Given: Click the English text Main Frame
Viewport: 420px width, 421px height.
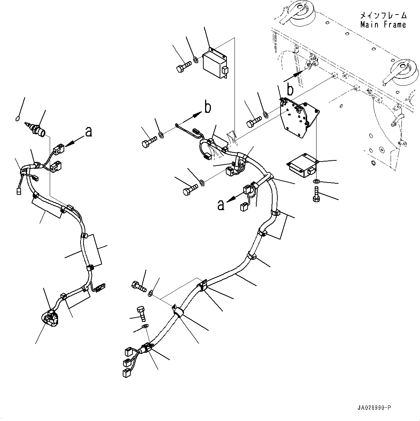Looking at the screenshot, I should coord(383,25).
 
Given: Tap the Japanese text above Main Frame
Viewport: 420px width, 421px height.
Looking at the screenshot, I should coord(383,16).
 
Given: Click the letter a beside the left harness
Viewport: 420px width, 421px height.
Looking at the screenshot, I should coord(88,132).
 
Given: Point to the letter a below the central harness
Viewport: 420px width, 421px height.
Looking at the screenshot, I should coord(220,205).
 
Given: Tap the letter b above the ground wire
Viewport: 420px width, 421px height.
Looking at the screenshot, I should coord(207,107).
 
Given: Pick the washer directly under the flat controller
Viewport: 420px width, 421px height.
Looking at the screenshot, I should coord(316,181).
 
